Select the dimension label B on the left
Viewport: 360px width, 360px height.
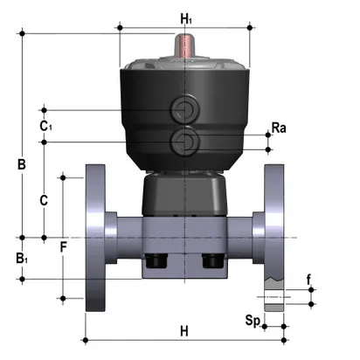(x=23, y=163)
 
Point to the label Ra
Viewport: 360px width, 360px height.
(x=279, y=128)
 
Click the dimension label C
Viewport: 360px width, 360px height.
(x=44, y=199)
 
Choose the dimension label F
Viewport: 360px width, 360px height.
(x=63, y=247)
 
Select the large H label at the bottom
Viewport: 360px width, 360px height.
(x=184, y=331)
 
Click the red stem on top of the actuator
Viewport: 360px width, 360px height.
(x=185, y=45)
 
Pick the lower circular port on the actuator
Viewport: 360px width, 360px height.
(x=184, y=141)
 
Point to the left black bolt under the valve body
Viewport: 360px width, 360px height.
(x=158, y=261)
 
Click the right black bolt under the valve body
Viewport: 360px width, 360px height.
(x=211, y=261)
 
